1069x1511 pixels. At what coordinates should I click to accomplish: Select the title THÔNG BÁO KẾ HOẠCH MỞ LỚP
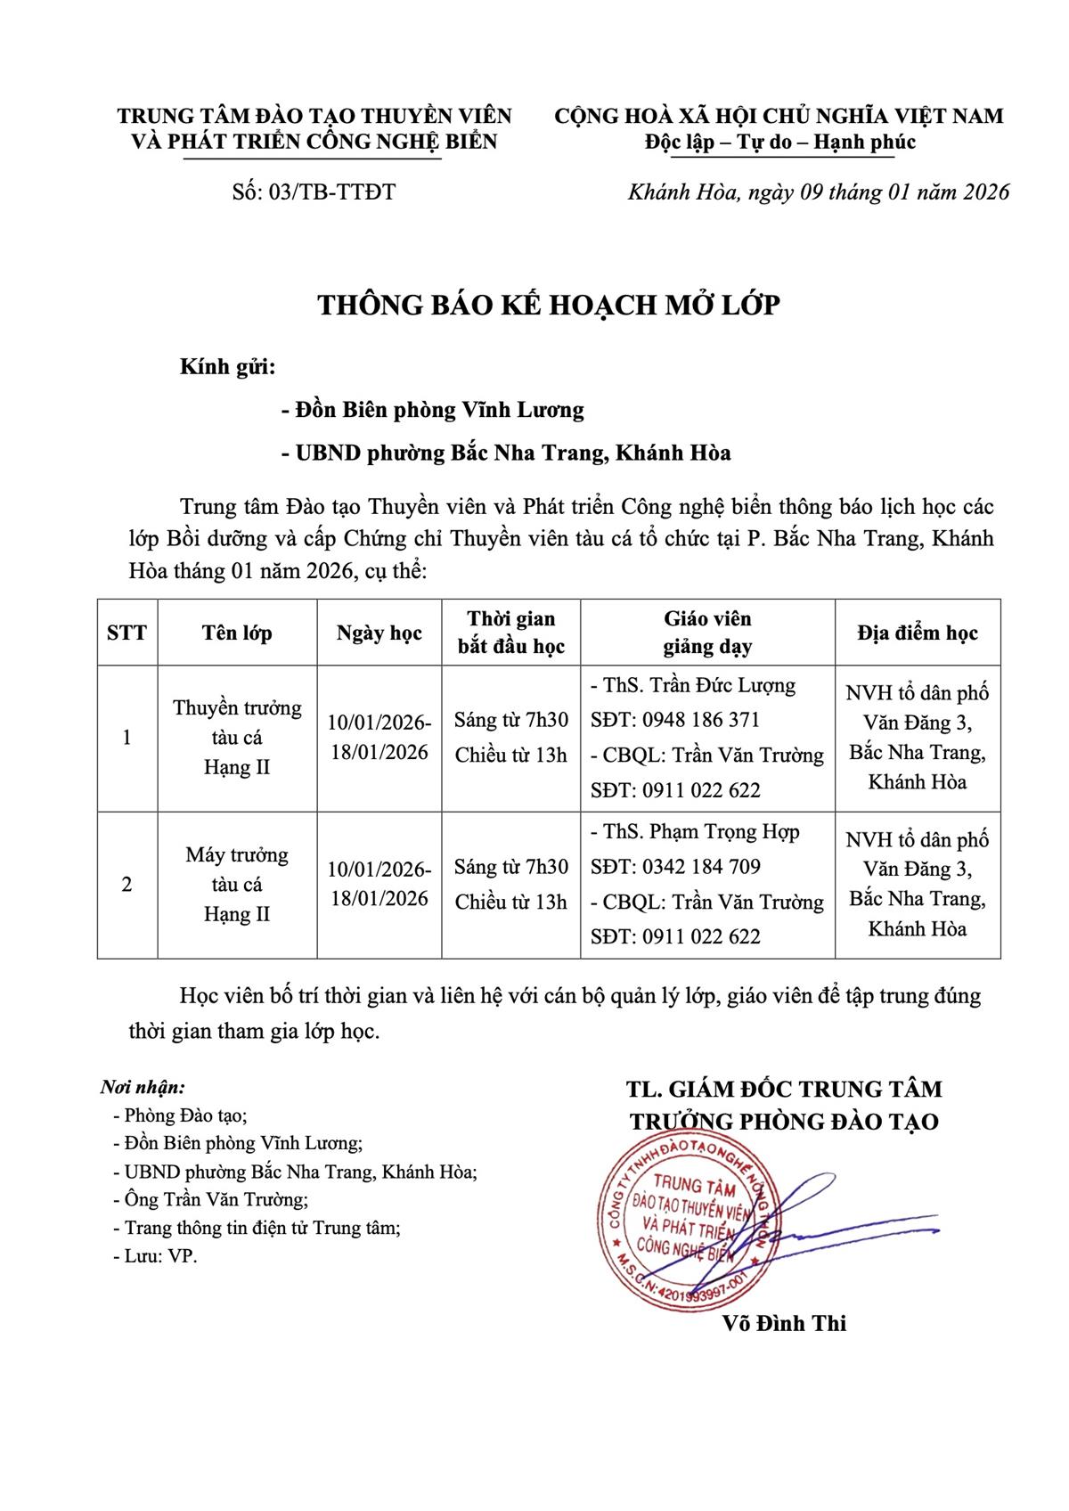click(x=549, y=306)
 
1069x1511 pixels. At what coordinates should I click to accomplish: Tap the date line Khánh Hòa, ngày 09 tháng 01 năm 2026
click(x=819, y=192)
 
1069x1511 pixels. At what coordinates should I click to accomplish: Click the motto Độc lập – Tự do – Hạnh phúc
click(x=779, y=143)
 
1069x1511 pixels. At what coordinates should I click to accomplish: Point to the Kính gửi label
click(x=227, y=367)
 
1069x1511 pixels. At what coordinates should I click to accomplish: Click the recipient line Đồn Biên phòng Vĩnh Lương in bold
click(x=432, y=410)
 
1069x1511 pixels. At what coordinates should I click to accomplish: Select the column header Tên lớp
click(x=237, y=633)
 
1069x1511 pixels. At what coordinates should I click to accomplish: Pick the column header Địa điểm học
click(x=918, y=633)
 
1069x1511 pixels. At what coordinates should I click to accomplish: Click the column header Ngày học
click(x=379, y=633)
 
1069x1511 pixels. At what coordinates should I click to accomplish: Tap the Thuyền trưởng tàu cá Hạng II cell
click(x=237, y=738)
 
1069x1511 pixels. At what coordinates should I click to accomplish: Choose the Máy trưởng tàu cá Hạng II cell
click(x=237, y=885)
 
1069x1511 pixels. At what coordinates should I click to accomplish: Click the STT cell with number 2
click(x=126, y=885)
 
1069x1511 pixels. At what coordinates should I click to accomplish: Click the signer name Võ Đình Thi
click(x=785, y=1324)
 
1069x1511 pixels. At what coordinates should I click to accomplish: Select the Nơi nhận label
click(x=143, y=1088)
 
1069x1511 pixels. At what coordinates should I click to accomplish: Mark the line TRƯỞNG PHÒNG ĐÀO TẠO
click(x=784, y=1121)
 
